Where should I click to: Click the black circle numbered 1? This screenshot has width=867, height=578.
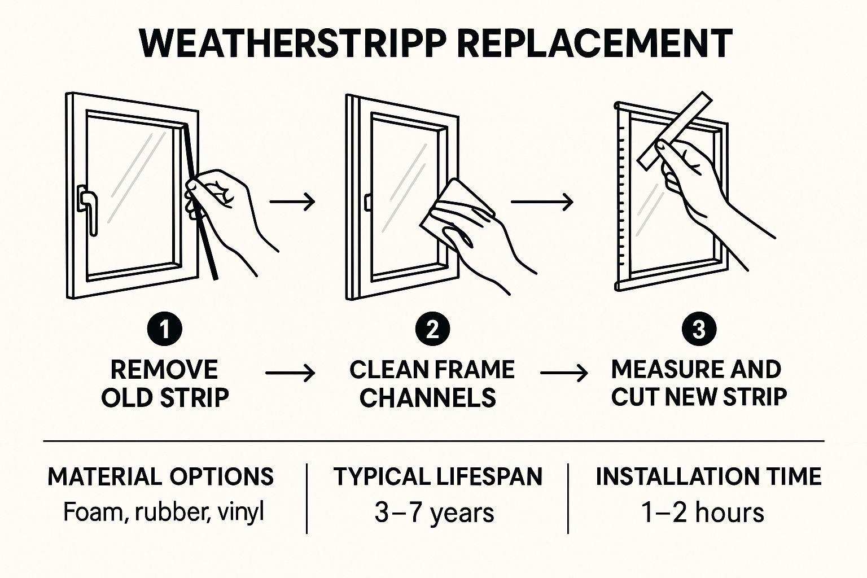tap(164, 330)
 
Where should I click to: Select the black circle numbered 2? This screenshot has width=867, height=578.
tap(432, 330)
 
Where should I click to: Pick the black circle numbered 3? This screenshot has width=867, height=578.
tap(699, 330)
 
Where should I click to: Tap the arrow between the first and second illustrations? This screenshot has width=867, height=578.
tap(292, 202)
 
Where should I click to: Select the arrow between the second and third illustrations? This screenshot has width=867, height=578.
tap(542, 202)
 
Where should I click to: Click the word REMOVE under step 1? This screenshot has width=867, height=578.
tap(164, 370)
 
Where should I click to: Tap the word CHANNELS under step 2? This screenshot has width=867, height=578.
tap(428, 397)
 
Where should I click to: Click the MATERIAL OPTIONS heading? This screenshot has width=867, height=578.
tap(161, 476)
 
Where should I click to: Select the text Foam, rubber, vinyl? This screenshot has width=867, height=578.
tap(163, 513)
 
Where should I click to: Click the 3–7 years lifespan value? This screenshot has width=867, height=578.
tap(434, 513)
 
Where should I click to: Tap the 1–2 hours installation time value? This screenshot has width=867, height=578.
tap(703, 513)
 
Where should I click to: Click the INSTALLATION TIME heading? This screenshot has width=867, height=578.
tap(709, 476)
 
